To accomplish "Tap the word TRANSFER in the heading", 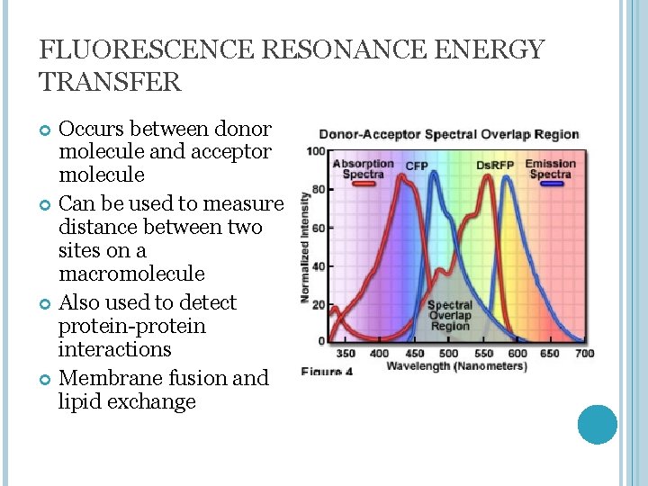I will click(111, 82).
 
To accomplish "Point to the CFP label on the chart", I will click(417, 166).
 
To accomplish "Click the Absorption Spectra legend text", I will click(364, 168).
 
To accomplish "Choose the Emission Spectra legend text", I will click(550, 168).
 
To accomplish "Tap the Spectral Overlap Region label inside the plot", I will click(449, 316).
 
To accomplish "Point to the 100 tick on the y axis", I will click(316, 151).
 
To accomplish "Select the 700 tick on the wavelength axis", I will click(584, 354).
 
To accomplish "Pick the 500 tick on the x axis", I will click(447, 354).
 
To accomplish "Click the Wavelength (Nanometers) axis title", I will click(456, 366).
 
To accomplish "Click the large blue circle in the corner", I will click(597, 425).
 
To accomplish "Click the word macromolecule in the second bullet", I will click(131, 274).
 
